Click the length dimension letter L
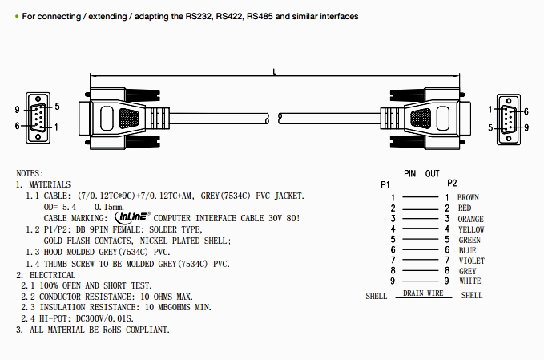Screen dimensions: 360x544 pyautogui.click(x=274, y=72)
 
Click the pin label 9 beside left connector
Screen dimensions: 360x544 pyautogui.click(x=17, y=107)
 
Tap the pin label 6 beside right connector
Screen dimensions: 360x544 pyautogui.click(x=525, y=111)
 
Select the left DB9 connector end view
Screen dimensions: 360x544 pyautogui.click(x=37, y=118)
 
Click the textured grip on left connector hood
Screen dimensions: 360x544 pyautogui.click(x=128, y=119)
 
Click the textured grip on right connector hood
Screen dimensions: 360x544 pyautogui.click(x=420, y=119)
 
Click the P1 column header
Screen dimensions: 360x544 pyautogui.click(x=385, y=184)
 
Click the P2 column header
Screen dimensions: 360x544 pyautogui.click(x=452, y=184)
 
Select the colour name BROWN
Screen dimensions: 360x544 pyautogui.click(x=468, y=197)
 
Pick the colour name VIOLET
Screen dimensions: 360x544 pyautogui.click(x=471, y=261)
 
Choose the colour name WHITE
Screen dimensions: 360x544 pyautogui.click(x=469, y=281)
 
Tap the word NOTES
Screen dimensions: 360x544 pyautogui.click(x=30, y=173)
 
